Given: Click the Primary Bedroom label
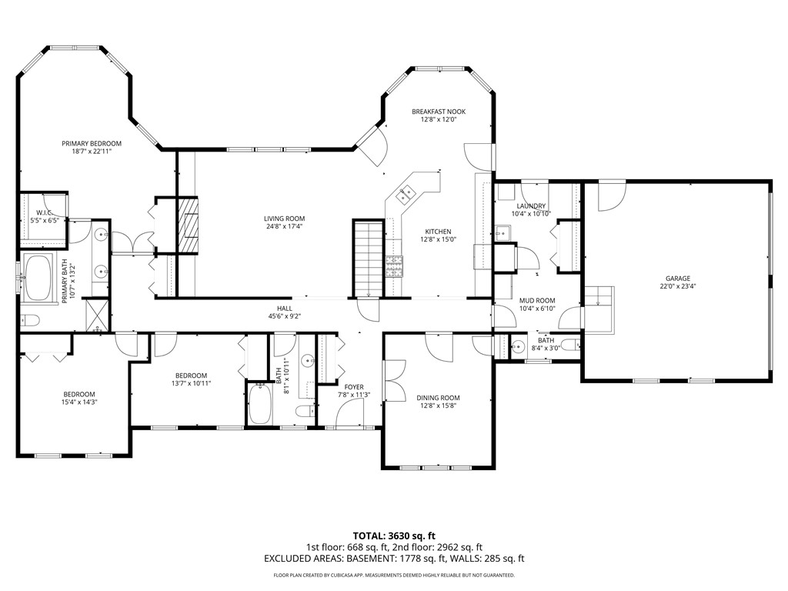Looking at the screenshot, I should point(92,143).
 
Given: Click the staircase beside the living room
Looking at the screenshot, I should point(368,258).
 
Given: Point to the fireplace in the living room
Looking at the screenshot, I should point(189,225).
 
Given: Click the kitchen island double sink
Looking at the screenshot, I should point(406,195).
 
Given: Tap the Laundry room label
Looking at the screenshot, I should point(531,206).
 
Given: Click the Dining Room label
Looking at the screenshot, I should point(438,398).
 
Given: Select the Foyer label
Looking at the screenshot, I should point(354,387).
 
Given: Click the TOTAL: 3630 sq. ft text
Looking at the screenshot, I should point(394,536).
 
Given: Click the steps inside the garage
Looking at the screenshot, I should point(599,304).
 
